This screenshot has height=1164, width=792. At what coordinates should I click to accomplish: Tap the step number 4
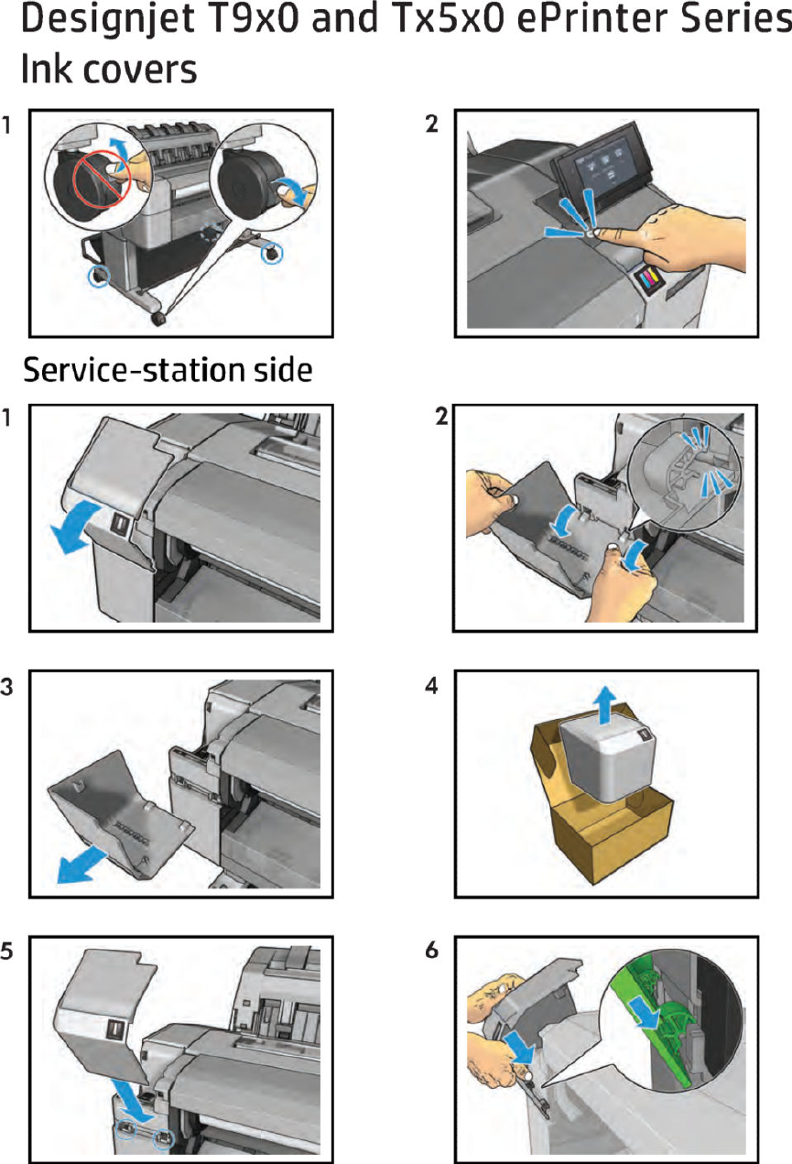coord(432,685)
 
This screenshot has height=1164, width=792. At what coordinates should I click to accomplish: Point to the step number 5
coord(7,950)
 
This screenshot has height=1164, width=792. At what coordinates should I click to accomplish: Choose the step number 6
coord(432,950)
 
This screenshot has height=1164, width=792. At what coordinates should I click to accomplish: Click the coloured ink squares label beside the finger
coord(651,277)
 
